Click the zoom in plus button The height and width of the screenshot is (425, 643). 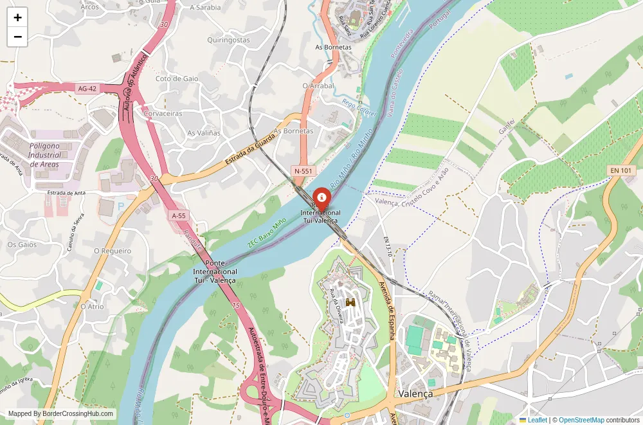[x=17, y=17]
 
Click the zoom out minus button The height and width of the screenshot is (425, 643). [x=17, y=37]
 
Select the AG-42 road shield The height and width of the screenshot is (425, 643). [x=87, y=88]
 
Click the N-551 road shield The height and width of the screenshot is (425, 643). [x=303, y=171]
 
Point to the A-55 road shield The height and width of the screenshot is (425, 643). [x=179, y=215]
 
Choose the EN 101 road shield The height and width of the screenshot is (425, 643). [x=621, y=170]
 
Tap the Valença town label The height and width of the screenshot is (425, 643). [x=415, y=393]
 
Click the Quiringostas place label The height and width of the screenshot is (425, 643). [x=228, y=40]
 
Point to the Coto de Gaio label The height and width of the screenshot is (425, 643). [x=177, y=78]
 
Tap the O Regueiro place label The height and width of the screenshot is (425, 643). [x=113, y=251]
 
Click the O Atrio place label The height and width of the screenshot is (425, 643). [x=92, y=307]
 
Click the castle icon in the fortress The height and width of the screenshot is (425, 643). [x=351, y=302]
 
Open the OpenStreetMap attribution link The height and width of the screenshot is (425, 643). [x=581, y=420]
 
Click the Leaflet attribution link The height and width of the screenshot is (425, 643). [x=537, y=420]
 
